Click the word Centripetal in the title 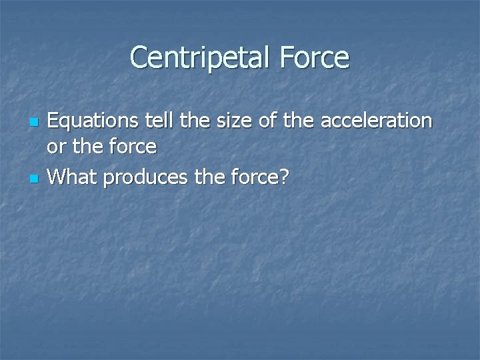[x=197, y=57]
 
